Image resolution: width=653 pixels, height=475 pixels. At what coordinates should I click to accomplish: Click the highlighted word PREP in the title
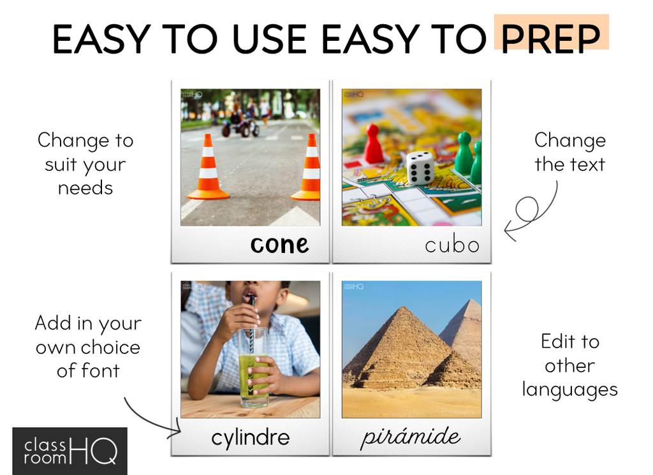550,39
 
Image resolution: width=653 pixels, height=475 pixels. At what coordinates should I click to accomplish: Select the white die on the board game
420,167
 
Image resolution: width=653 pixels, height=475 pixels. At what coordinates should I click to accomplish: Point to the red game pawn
374,143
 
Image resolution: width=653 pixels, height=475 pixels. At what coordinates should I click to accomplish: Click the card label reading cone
279,245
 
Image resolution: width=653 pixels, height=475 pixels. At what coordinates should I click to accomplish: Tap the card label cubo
452,245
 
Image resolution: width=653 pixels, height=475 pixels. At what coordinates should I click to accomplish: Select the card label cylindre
250,438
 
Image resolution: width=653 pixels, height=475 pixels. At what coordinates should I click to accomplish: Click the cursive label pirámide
411,437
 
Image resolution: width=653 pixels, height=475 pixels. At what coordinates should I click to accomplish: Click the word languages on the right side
569,390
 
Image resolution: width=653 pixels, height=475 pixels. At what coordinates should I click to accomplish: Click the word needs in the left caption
85,188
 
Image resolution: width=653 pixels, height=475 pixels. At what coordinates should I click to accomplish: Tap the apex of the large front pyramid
404,307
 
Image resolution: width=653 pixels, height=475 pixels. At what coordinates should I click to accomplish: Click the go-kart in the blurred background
241,125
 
